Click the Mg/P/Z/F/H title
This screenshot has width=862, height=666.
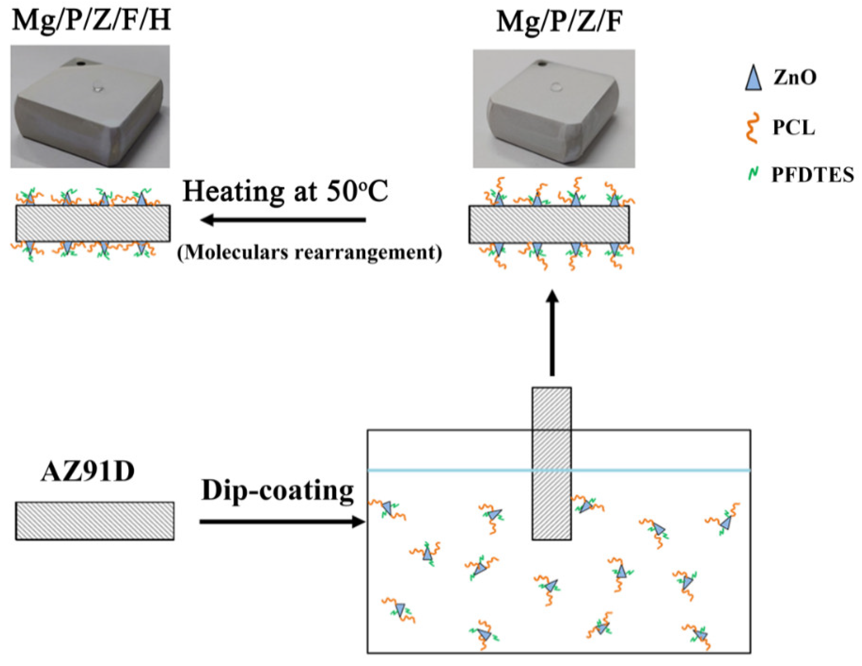point(92,20)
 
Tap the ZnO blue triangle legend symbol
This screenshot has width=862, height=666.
point(753,78)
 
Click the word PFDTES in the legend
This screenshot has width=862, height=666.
point(812,175)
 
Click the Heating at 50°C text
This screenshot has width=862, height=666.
point(285,192)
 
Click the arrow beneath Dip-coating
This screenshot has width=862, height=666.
point(281,522)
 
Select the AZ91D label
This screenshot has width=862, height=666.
point(88,472)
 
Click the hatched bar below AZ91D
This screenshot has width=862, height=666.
point(95,521)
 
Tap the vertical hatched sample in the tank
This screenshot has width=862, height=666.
point(551,464)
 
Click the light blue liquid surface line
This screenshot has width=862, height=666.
point(454,470)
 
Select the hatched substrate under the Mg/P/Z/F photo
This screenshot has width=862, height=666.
point(549,224)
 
